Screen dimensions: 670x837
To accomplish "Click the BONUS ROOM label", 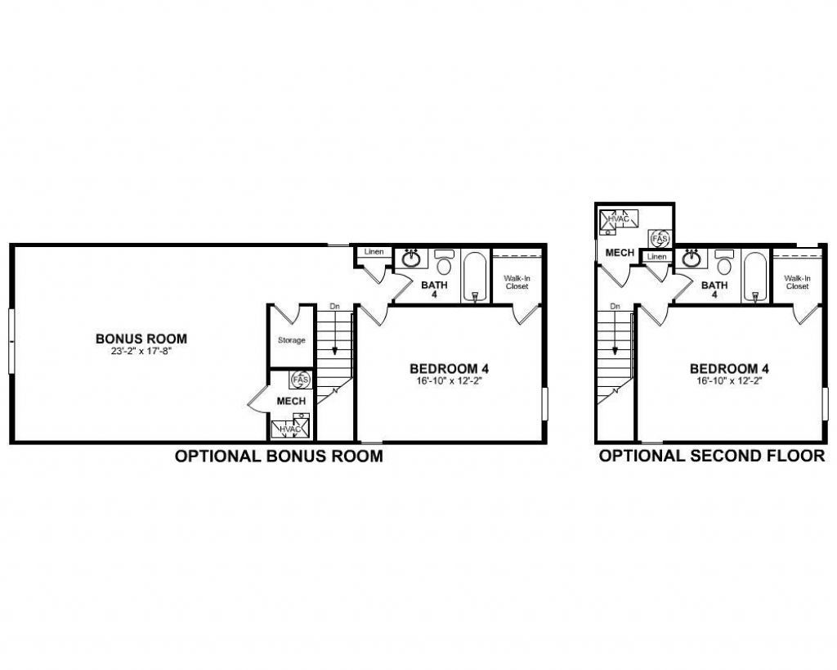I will [x=141, y=338].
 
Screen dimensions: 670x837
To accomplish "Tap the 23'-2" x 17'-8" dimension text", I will [x=141, y=351].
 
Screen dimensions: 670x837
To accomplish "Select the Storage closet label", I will [x=291, y=340].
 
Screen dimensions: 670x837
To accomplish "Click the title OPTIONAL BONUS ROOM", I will [x=279, y=456].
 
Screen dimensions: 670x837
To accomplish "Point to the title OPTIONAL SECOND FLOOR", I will [x=712, y=456].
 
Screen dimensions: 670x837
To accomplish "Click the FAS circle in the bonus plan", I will [x=301, y=380].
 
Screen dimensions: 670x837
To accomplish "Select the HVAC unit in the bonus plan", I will [x=291, y=428].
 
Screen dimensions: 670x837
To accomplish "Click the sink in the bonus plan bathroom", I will [x=411, y=260].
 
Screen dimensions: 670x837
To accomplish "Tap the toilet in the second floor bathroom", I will [x=725, y=263].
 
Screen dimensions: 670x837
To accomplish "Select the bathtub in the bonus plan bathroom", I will [x=475, y=277].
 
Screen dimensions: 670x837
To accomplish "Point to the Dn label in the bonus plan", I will [x=334, y=307].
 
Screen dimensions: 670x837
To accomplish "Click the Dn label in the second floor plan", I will [x=615, y=307].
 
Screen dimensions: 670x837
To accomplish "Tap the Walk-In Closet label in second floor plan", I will [x=797, y=282].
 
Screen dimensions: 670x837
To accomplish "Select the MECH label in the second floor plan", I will [x=620, y=253].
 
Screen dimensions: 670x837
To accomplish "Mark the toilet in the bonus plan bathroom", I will [x=444, y=263].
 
